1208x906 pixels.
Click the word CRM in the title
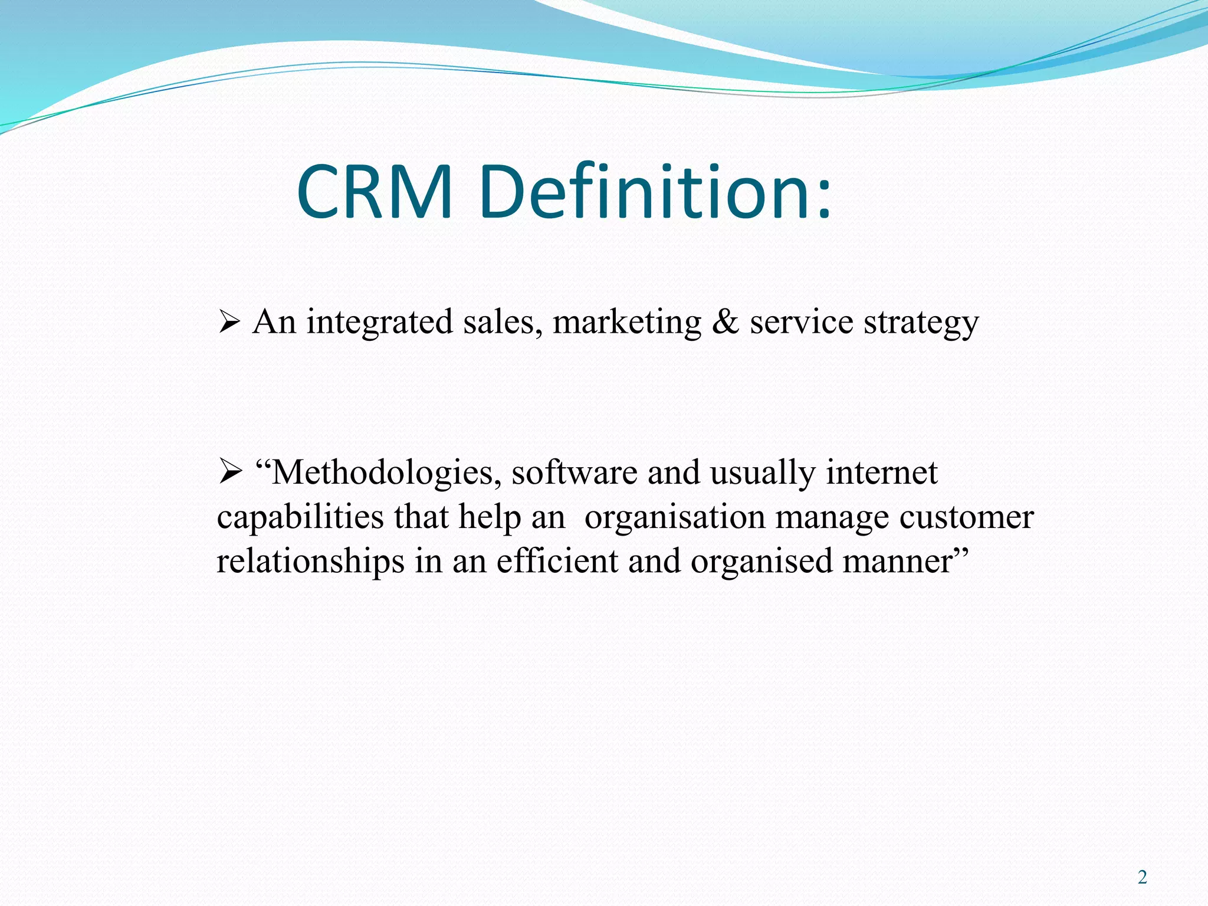click(375, 192)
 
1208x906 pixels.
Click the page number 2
click(1143, 878)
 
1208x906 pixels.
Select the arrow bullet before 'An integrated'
click(229, 323)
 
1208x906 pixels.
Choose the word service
click(802, 323)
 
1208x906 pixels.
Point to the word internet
click(881, 472)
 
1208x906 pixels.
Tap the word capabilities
click(300, 517)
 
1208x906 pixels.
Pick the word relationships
click(310, 562)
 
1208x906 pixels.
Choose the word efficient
click(557, 560)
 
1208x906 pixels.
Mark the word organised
click(761, 562)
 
